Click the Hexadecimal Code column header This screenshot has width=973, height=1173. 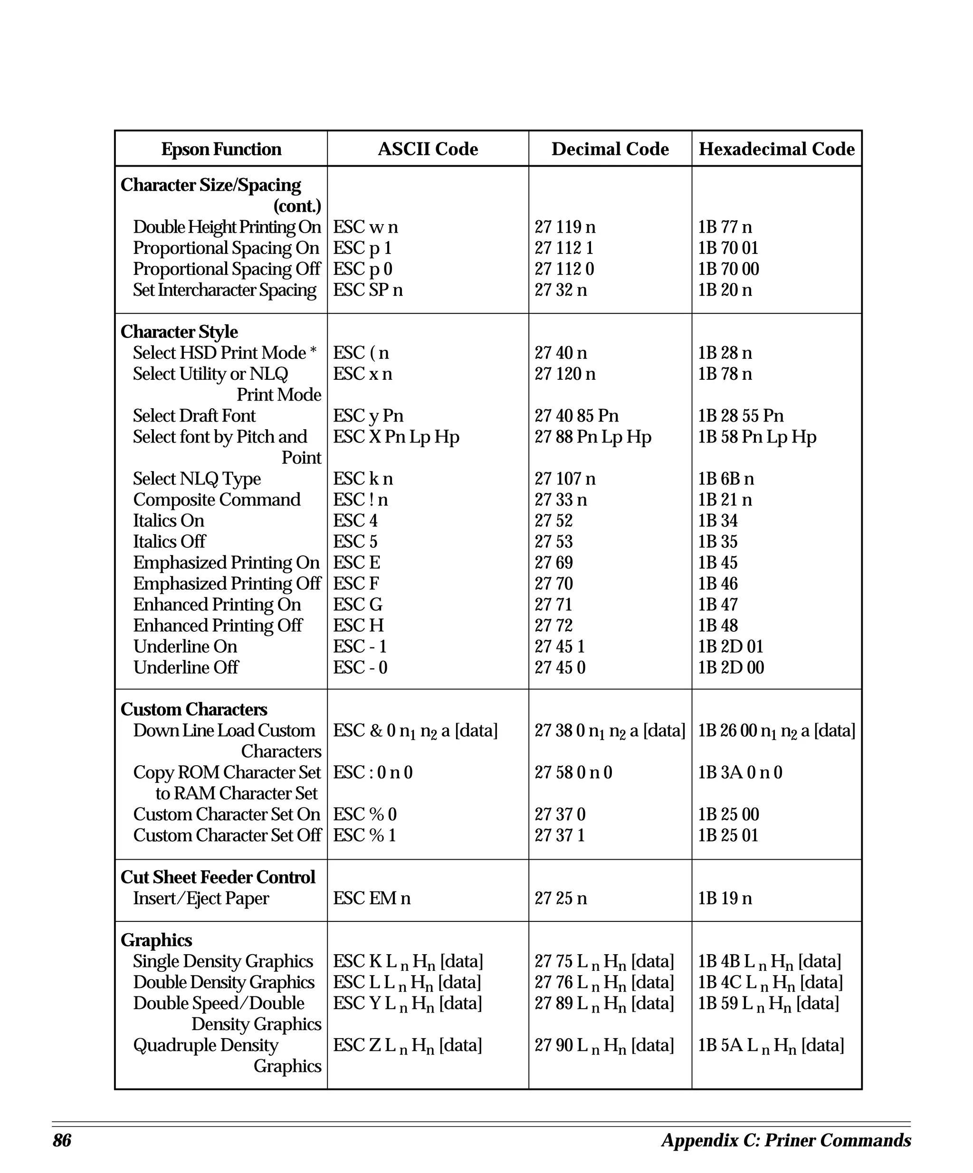click(776, 149)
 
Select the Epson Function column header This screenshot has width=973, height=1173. click(221, 149)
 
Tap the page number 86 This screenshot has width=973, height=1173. click(62, 1140)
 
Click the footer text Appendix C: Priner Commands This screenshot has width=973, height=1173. click(786, 1140)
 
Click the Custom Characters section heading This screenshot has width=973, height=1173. click(193, 709)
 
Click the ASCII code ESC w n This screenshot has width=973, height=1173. click(365, 227)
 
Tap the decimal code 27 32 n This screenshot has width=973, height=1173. click(561, 290)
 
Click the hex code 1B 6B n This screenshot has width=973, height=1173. click(725, 479)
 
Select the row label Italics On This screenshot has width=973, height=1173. click(168, 521)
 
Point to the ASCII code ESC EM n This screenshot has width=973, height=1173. click(372, 898)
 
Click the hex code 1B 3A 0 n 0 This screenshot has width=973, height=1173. click(740, 772)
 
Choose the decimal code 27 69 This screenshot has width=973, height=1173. click(553, 563)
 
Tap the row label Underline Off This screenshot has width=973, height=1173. click(186, 667)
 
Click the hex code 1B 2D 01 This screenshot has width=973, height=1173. click(730, 646)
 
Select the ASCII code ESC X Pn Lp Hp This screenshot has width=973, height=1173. click(396, 437)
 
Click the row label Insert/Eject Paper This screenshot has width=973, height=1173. click(200, 898)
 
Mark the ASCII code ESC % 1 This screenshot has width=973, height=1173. click(364, 835)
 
